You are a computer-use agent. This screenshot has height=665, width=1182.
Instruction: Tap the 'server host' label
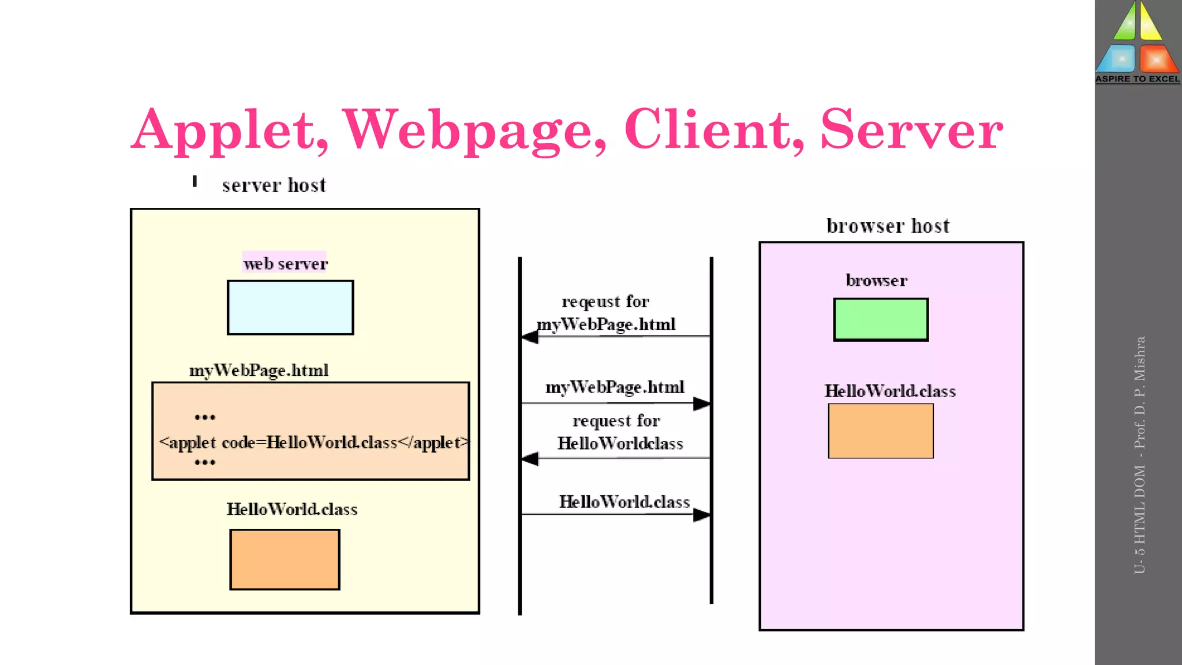pos(274,185)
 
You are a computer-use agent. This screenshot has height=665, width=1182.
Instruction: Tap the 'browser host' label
pos(888,226)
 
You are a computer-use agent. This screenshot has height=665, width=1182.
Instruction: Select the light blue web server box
pos(290,308)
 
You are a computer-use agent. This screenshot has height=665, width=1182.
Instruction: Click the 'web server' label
pos(285,264)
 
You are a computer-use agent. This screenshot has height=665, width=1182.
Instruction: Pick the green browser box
pos(881,319)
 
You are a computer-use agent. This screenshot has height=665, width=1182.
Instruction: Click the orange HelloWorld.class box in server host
pos(285,559)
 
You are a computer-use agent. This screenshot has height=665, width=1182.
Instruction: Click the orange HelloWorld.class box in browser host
pos(881,431)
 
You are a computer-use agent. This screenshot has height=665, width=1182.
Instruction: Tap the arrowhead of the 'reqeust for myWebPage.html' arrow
pos(529,337)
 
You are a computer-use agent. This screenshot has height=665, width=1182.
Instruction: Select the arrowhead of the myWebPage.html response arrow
pos(702,404)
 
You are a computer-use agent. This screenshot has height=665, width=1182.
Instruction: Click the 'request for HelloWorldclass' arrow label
pos(619,432)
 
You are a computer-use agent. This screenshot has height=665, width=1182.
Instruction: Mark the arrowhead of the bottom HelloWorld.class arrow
pos(702,514)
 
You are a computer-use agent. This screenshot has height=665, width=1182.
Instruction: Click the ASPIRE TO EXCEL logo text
pos(1138,79)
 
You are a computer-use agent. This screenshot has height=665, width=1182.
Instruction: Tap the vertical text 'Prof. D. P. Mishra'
pos(1139,393)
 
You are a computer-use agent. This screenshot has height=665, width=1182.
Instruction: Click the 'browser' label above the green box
pos(876,281)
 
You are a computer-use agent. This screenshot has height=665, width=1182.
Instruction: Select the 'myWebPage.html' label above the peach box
pos(259,370)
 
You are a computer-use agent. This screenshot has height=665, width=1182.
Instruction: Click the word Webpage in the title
pos(474,130)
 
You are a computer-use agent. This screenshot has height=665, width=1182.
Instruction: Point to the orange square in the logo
pos(1158,58)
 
